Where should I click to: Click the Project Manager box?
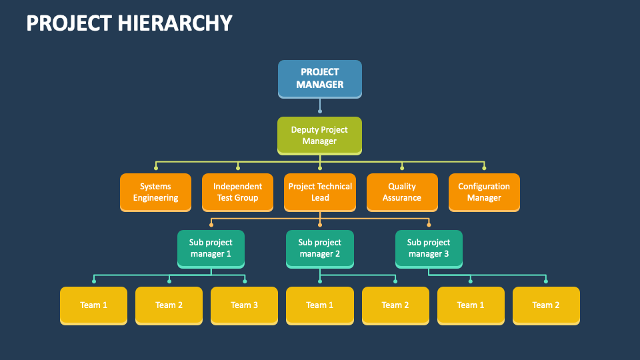tap(319, 79)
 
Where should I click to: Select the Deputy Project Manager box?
tap(319, 135)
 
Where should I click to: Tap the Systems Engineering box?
tap(155, 192)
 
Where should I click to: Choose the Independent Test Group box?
tap(237, 192)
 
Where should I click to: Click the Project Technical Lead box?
tap(320, 192)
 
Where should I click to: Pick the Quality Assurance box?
tap(402, 192)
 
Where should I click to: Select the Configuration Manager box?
tap(484, 192)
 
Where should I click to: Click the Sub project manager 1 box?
tap(211, 248)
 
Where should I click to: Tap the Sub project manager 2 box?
tap(319, 248)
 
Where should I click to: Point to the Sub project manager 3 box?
tap(429, 248)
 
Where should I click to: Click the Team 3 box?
tap(244, 305)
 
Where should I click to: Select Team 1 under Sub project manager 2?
tap(319, 305)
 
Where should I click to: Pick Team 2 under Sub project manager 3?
tap(546, 305)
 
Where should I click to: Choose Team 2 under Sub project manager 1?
tap(169, 305)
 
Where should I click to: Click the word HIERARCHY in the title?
tap(176, 23)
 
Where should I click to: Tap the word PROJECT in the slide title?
tap(69, 23)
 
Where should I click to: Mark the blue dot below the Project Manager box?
tap(320, 111)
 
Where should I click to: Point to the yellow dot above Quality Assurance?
tap(402, 167)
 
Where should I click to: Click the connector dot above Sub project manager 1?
tap(211, 225)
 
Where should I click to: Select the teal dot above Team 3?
tap(245, 281)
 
